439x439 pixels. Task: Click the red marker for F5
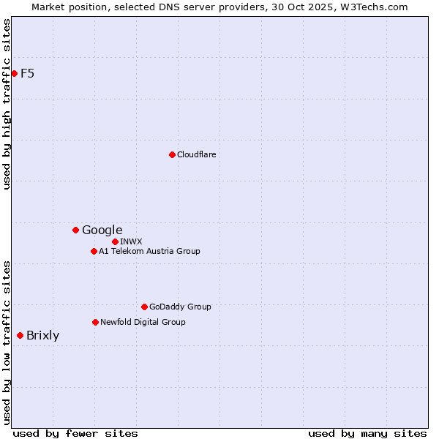pos(14,73)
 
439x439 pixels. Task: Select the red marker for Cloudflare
pos(172,154)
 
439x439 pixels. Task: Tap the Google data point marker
pos(75,230)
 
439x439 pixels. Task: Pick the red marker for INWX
pos(115,241)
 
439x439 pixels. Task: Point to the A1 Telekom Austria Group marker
pos(94,251)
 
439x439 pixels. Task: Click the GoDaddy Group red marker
pos(144,307)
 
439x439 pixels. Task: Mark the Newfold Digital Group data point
pos(95,322)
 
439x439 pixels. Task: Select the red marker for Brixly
pos(20,335)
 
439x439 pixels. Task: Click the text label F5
pos(27,73)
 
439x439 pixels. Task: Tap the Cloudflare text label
pos(196,154)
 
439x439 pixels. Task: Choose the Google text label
pos(102,230)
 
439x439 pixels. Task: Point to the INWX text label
pos(131,241)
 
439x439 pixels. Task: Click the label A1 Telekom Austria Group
pos(149,251)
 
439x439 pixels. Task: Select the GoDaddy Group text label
pos(180,307)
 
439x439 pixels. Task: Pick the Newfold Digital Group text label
pos(143,322)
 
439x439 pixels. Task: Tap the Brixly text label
pos(42,336)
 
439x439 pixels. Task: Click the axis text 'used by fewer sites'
pos(75,433)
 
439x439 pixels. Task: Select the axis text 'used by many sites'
pos(367,433)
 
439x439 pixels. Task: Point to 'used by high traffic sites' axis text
pos(7,104)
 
